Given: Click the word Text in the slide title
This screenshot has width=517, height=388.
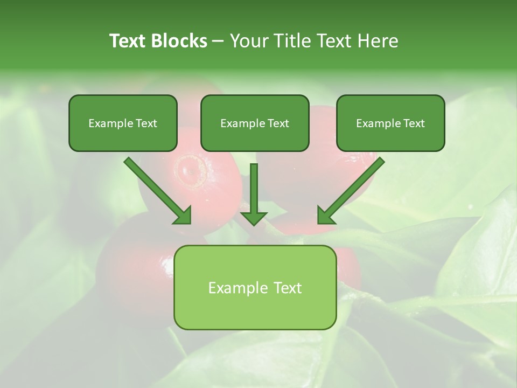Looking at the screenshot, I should pyautogui.click(x=130, y=41).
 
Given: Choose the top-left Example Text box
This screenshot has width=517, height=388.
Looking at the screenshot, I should pyautogui.click(x=123, y=123).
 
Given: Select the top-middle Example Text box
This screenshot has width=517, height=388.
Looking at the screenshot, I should pyautogui.click(x=255, y=123).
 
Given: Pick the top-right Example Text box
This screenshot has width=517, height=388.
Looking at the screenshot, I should pyautogui.click(x=390, y=123).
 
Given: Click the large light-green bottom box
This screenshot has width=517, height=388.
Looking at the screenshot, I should pyautogui.click(x=255, y=287).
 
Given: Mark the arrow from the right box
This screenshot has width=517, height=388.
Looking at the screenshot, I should pyautogui.click(x=353, y=189).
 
